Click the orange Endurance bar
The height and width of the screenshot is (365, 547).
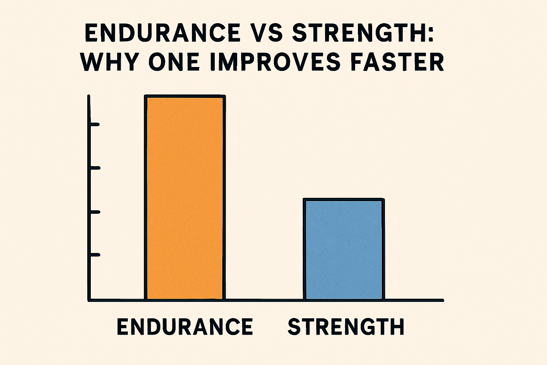tap(185, 198)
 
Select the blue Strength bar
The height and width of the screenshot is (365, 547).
tap(344, 250)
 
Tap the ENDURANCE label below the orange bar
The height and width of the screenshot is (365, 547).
tap(185, 327)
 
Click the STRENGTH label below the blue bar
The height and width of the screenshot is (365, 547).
tap(346, 327)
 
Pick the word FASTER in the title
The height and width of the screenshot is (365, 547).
tap(397, 63)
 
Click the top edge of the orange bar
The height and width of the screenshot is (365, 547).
tap(185, 96)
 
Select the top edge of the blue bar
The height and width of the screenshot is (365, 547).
tap(344, 199)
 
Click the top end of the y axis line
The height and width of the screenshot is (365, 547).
tap(89, 96)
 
